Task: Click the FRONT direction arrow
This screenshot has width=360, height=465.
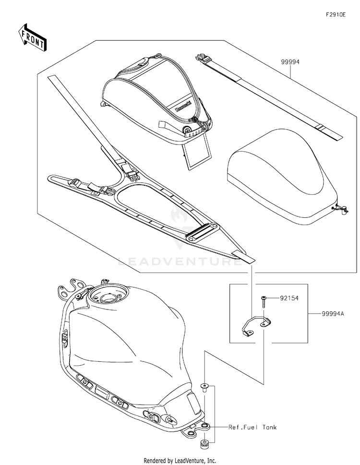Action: pyautogui.click(x=32, y=37)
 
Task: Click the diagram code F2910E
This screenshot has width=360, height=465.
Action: pyautogui.click(x=336, y=15)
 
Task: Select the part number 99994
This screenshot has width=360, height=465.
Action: pyautogui.click(x=290, y=61)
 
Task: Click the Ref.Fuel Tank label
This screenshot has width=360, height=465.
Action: pyautogui.click(x=252, y=427)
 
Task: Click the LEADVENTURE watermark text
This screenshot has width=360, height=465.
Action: pyautogui.click(x=180, y=262)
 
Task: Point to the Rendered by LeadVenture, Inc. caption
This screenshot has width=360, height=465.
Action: pyautogui.click(x=180, y=460)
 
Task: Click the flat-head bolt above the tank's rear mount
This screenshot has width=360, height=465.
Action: pyautogui.click(x=204, y=387)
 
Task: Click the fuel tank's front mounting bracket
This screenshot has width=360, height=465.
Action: pyautogui.click(x=72, y=287)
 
